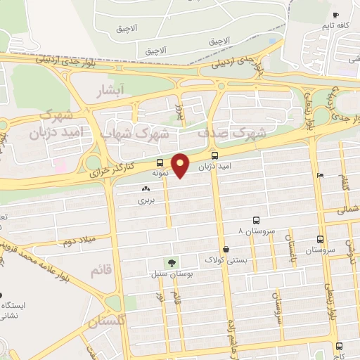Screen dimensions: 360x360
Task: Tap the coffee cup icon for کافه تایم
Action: click(x=335, y=15)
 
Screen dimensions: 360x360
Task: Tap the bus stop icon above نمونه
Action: click(x=160, y=161)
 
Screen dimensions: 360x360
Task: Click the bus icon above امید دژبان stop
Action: click(x=214, y=155)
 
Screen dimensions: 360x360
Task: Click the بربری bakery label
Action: click(x=145, y=200)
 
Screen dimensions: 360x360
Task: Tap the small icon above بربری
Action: click(x=146, y=188)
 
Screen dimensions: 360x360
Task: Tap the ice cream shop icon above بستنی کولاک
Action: click(x=226, y=248)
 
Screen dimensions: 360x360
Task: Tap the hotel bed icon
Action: click(x=320, y=175)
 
